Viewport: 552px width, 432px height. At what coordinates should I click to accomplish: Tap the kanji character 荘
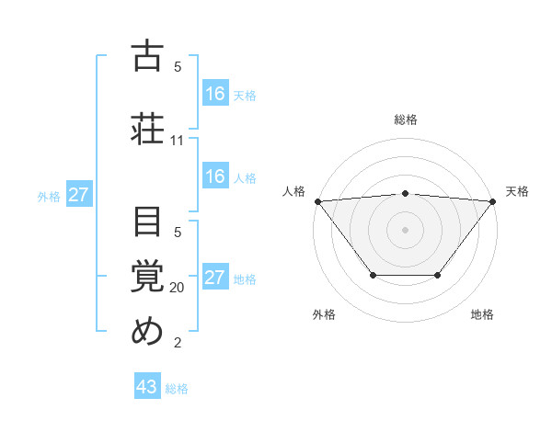(x=148, y=128)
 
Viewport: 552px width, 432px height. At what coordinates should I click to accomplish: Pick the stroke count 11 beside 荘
(x=178, y=141)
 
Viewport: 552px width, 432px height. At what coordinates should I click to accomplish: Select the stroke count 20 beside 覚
(x=178, y=287)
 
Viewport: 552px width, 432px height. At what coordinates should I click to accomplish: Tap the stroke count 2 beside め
(x=178, y=344)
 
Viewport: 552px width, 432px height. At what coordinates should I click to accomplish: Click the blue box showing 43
(x=147, y=387)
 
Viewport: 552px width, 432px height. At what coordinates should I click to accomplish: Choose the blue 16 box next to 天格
(x=214, y=93)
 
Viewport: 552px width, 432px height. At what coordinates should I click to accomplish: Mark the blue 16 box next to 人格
(x=214, y=176)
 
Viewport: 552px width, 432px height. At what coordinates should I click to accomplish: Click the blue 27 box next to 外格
(x=78, y=194)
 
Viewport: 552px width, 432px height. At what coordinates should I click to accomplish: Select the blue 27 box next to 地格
(x=214, y=278)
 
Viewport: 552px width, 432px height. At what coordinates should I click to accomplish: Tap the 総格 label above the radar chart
(x=405, y=119)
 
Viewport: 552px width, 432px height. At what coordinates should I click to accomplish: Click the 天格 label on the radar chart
(x=518, y=191)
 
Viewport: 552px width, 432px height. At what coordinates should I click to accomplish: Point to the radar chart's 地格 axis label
(x=482, y=314)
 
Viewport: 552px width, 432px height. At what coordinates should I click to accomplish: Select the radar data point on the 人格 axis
(x=317, y=200)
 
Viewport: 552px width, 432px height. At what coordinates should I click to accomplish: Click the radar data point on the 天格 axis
(x=492, y=200)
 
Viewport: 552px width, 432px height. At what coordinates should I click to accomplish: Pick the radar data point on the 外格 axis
(x=373, y=275)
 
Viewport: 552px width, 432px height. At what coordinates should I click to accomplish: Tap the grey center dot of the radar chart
(x=405, y=229)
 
